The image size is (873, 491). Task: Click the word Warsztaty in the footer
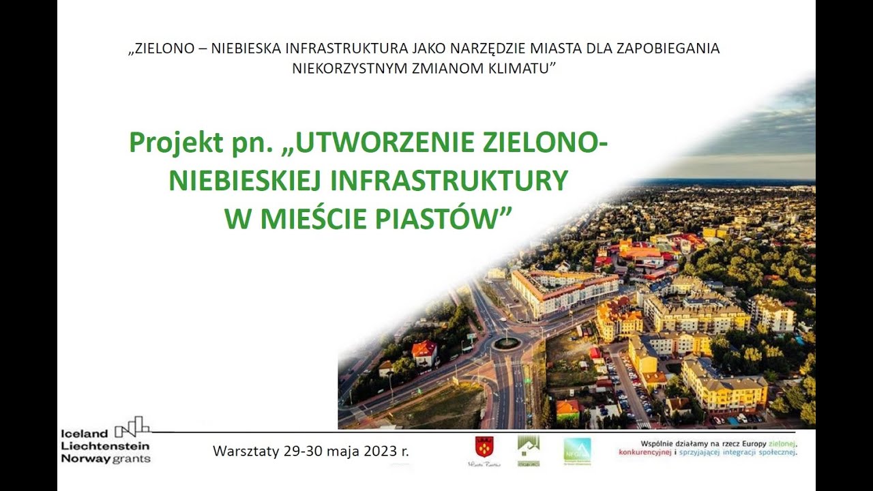coord(241,451)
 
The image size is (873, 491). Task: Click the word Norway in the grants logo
coord(86,458)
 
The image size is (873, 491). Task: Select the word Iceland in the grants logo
coord(85,433)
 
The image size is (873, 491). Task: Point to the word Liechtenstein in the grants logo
coord(105,445)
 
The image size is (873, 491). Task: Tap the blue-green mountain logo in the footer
coord(577,451)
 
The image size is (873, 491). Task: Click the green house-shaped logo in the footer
coord(528,449)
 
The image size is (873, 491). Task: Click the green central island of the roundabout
coord(505,343)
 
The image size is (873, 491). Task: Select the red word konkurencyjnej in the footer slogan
coord(645,452)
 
